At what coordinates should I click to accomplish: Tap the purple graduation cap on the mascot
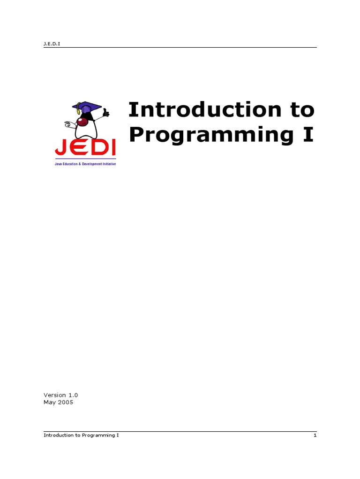tap(87, 107)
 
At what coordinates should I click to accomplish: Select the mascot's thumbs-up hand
tap(106, 113)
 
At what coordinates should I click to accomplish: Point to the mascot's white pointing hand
tap(68, 124)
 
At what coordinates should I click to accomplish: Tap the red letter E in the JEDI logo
tap(77, 148)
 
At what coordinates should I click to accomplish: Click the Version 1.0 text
tap(61, 395)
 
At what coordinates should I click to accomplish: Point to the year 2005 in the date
tap(66, 402)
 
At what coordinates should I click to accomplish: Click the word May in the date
tap(49, 402)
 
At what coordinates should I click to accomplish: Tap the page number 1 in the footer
tap(315, 435)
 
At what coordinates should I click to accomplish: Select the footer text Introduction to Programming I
tap(81, 435)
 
